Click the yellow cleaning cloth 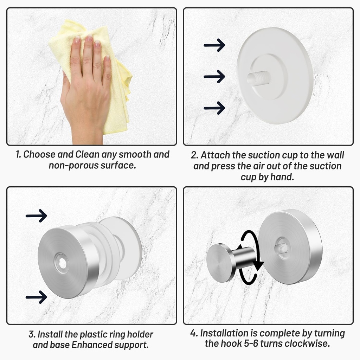pos(120,105)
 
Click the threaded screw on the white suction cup pos(259,78)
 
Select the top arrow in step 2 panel pos(214,45)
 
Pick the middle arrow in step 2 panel pos(214,76)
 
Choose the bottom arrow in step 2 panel pos(214,108)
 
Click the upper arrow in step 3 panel pos(36,216)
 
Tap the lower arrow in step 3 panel pos(36,297)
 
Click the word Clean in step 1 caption pos(88,154)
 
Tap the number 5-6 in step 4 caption pos(264,343)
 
